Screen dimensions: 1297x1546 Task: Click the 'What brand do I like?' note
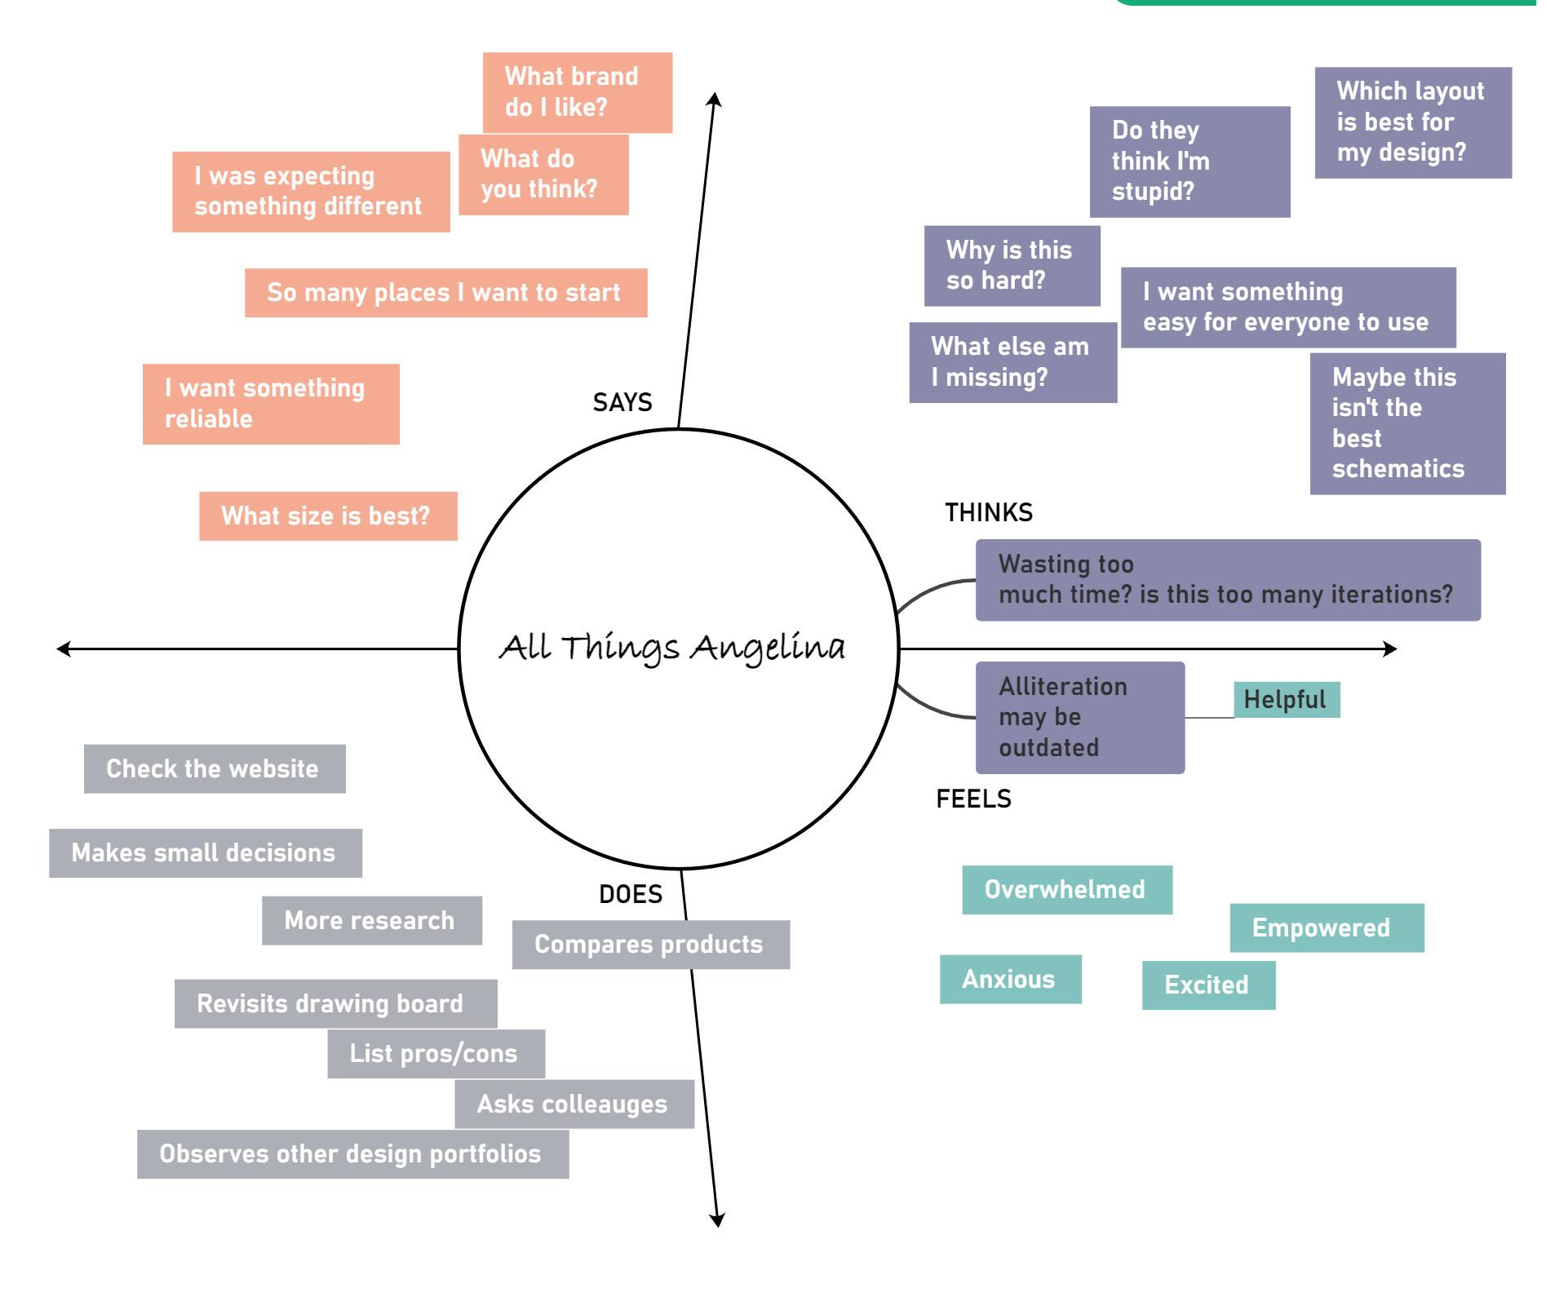[577, 92]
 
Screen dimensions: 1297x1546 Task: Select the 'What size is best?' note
[328, 516]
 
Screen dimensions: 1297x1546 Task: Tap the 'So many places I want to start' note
[445, 293]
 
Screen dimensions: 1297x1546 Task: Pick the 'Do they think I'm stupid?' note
[1189, 162]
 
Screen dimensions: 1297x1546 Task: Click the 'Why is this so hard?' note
[1012, 266]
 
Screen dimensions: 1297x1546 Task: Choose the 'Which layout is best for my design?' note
[1412, 122]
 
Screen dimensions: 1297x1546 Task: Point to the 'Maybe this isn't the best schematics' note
[1407, 423]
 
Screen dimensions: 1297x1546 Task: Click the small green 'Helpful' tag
[1286, 700]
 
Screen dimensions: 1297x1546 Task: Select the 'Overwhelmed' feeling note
[1066, 889]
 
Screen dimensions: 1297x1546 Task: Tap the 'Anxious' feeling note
[1010, 979]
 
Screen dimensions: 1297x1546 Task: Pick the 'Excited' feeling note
[1207, 985]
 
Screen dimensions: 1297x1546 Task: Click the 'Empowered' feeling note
[1327, 927]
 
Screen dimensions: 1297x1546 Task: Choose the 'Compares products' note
[650, 945]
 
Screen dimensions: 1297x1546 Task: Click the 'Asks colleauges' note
[574, 1104]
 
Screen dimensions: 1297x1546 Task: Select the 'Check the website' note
[215, 768]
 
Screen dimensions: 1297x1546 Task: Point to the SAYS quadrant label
[622, 402]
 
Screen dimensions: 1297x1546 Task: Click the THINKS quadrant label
[989, 512]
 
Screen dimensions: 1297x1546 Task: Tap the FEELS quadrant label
[973, 799]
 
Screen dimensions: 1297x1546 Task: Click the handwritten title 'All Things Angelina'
[673, 648]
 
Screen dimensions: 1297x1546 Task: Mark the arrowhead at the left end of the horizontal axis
[63, 649]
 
